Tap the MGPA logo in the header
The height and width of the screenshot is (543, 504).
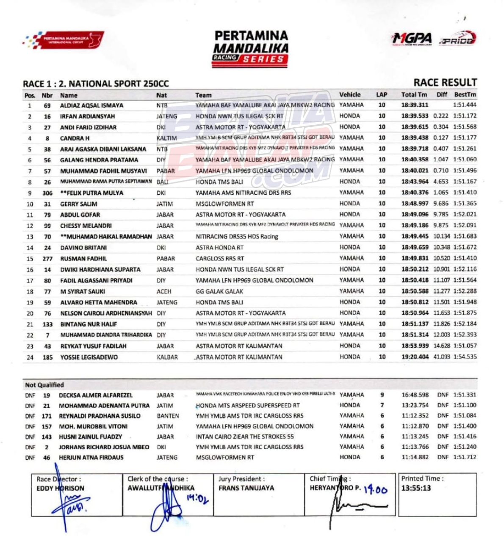[412, 39]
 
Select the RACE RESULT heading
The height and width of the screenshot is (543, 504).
[445, 82]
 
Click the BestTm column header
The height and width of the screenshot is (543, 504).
[465, 95]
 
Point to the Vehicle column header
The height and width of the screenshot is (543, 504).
[350, 95]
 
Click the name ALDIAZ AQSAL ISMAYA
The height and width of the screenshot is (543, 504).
[91, 105]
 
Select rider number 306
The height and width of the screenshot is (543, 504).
[47, 193]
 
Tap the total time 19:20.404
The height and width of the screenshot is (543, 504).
[415, 357]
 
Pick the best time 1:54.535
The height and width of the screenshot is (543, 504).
[465, 357]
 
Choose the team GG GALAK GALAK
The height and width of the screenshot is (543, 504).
[219, 291]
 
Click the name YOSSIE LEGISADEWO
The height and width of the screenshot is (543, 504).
[89, 357]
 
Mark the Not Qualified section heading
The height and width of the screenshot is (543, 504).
[44, 385]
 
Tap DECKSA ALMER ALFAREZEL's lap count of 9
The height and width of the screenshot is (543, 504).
[382, 395]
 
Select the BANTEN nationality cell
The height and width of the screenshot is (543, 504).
[168, 416]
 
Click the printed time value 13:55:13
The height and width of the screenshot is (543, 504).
[416, 488]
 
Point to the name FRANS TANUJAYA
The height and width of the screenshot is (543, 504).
[246, 488]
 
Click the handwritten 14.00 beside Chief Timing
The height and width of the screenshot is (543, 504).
[375, 490]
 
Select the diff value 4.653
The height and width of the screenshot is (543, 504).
[441, 182]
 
